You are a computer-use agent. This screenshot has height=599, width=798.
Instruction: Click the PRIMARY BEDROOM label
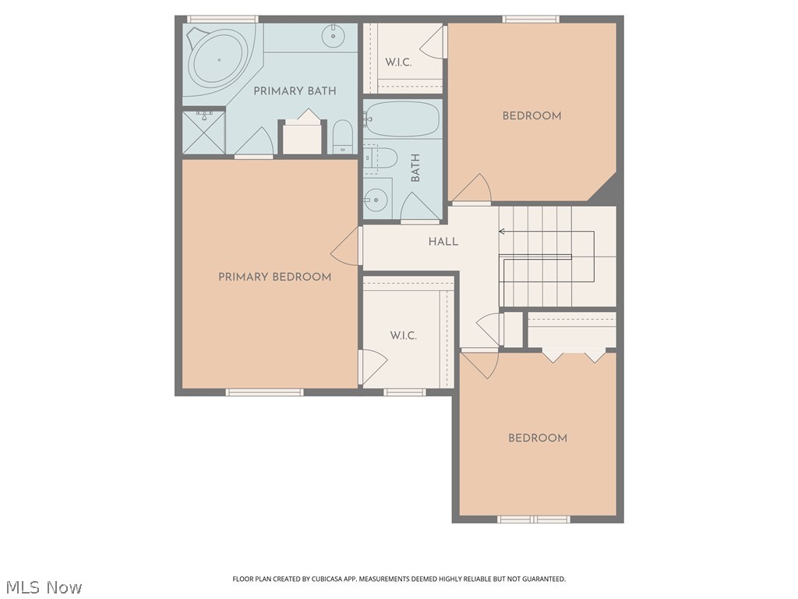(274, 277)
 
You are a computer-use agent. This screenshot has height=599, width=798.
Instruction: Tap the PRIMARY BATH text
(295, 91)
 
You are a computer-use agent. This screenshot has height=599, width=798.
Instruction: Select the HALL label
(443, 242)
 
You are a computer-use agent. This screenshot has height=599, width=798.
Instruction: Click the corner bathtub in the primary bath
(217, 59)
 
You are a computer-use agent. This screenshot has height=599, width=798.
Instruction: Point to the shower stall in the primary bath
(203, 132)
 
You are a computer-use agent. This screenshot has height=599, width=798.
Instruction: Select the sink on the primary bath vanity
(334, 35)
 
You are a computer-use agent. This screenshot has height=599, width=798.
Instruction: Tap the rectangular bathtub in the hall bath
(402, 119)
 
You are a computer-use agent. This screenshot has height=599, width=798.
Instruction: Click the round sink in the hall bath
(376, 200)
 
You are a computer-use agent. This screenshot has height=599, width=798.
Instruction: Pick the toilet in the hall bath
(382, 158)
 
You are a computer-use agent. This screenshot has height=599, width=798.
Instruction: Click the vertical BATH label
(415, 168)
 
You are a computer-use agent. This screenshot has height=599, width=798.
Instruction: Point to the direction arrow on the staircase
(503, 231)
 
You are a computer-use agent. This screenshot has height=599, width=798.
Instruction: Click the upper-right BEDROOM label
(531, 116)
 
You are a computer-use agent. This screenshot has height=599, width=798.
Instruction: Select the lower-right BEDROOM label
(537, 438)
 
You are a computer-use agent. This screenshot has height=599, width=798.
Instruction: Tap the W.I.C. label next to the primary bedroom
(403, 335)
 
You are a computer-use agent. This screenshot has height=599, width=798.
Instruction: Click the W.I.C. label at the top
(398, 62)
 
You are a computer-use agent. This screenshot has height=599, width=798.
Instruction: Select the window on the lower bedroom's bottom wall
(534, 519)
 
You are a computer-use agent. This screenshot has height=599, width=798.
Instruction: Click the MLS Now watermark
(44, 587)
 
